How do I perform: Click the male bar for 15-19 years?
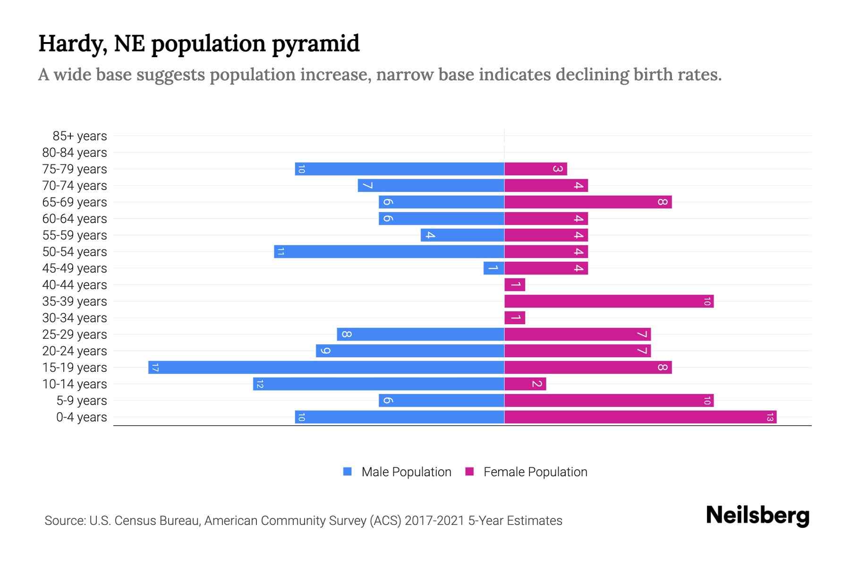[x=326, y=367]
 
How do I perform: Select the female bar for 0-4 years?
[x=640, y=417]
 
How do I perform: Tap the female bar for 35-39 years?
[x=609, y=301]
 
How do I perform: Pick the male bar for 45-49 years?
[x=494, y=268]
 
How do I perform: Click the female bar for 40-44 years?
[x=515, y=284]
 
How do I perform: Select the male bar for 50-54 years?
[x=389, y=251]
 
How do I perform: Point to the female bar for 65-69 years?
[x=588, y=202]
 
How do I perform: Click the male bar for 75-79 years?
[x=399, y=169]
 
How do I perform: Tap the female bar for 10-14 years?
[x=525, y=384]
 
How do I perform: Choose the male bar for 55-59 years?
[x=462, y=235]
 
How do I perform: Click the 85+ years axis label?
[x=79, y=136]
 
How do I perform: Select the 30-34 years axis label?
[x=75, y=318]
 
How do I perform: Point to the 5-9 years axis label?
[x=81, y=401]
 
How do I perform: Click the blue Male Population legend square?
[x=348, y=472]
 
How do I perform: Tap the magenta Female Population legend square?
[x=469, y=472]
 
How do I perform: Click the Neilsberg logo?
[x=757, y=515]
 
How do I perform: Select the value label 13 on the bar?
[x=770, y=417]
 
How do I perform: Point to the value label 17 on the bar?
[x=155, y=367]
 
